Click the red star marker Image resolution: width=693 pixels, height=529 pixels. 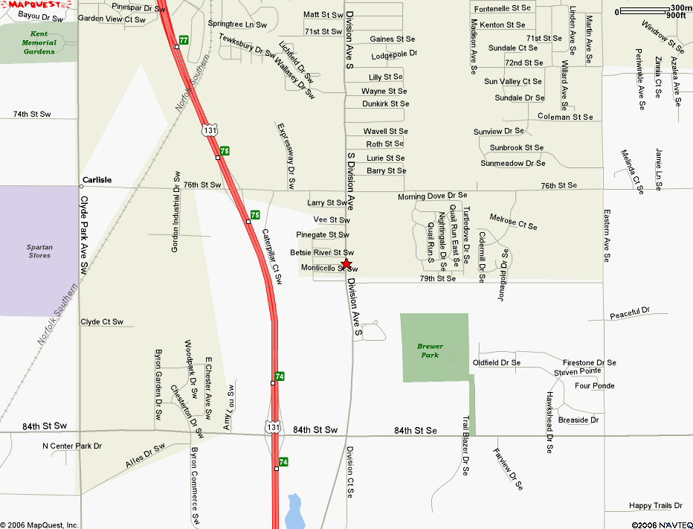[x=346, y=264]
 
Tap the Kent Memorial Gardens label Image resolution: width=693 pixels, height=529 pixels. [x=39, y=42]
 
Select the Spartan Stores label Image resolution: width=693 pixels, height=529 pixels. [x=39, y=251]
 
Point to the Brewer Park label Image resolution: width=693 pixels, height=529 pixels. [x=430, y=350]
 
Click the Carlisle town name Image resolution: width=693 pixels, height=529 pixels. [x=97, y=180]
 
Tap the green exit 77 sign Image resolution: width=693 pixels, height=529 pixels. [x=184, y=39]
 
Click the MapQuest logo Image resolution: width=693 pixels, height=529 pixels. [x=28, y=4]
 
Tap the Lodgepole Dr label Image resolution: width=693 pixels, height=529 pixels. [x=395, y=55]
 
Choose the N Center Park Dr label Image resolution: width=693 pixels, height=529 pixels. [x=71, y=446]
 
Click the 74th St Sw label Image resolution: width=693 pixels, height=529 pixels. [x=32, y=114]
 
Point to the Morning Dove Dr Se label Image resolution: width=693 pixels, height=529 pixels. [x=432, y=196]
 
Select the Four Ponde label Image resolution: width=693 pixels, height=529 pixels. [x=595, y=385]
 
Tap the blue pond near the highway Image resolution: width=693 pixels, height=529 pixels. [x=295, y=511]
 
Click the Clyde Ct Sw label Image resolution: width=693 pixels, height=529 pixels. [x=102, y=322]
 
